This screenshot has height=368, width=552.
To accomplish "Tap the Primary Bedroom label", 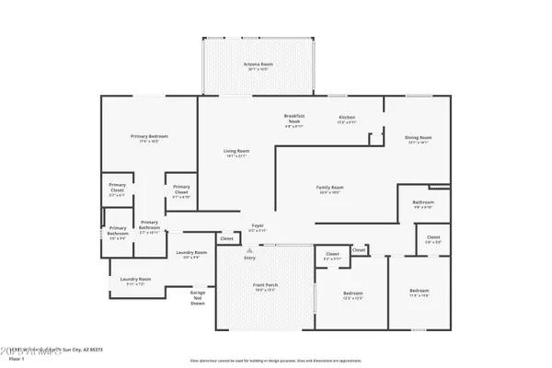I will (148, 136).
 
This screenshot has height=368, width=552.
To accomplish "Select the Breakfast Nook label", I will (294, 118).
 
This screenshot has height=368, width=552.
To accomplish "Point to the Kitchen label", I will (347, 118).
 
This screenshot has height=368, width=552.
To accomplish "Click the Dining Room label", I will (419, 138).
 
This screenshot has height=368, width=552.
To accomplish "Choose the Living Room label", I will (236, 151).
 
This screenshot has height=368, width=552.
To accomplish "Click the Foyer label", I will (259, 225).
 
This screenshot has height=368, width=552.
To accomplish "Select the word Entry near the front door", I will (249, 258).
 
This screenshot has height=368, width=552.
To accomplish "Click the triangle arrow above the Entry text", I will (249, 250).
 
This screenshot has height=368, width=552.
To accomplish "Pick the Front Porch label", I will (265, 286).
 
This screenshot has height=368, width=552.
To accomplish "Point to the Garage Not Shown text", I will (197, 297).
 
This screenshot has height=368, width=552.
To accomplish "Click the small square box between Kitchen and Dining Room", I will (374, 139).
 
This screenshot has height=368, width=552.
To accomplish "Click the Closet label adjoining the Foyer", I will (226, 238).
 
